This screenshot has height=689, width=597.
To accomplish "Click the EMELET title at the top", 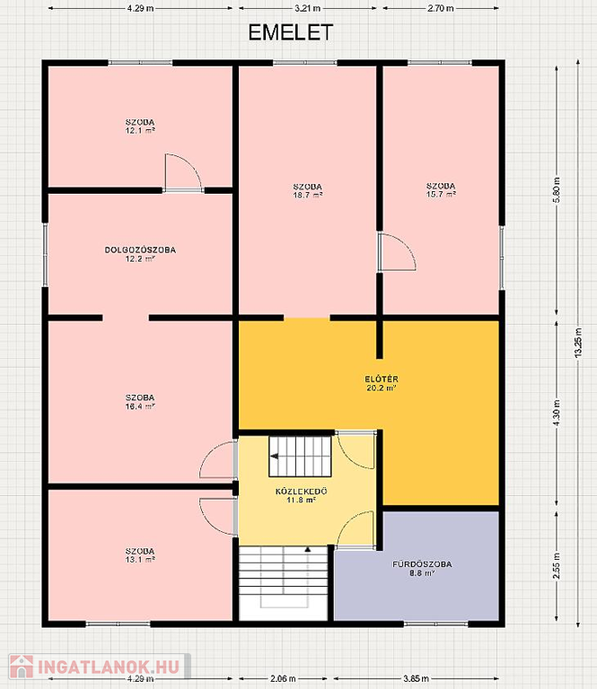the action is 291,32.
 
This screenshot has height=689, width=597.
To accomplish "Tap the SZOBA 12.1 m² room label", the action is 140,126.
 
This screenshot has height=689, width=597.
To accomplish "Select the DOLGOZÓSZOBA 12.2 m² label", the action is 140,254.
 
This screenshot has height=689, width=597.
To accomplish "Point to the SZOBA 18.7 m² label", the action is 308,191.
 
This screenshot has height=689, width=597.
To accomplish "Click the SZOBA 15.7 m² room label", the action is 441,190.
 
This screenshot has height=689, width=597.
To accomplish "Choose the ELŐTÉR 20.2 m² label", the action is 382,383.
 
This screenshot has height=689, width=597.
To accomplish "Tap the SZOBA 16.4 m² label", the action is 140,402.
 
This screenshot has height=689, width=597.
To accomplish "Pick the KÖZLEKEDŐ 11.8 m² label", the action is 302,495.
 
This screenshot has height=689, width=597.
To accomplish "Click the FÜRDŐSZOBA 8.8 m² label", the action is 422,568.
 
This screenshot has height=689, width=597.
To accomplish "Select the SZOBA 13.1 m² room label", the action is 140,555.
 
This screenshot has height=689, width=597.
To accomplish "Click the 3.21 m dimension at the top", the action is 308,8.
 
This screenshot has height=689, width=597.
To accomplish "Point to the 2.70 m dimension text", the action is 441,8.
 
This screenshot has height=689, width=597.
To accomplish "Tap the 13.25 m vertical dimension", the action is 578,343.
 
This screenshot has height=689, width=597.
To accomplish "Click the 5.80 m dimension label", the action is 557,190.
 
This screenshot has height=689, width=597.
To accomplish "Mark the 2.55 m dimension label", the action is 557,567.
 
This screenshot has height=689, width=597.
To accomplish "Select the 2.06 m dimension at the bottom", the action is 282,679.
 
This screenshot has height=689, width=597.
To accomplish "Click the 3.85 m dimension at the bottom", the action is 416,679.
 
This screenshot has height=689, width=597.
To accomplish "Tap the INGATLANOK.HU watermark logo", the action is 100,667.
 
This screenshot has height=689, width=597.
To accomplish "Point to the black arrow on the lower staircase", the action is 308,549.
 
